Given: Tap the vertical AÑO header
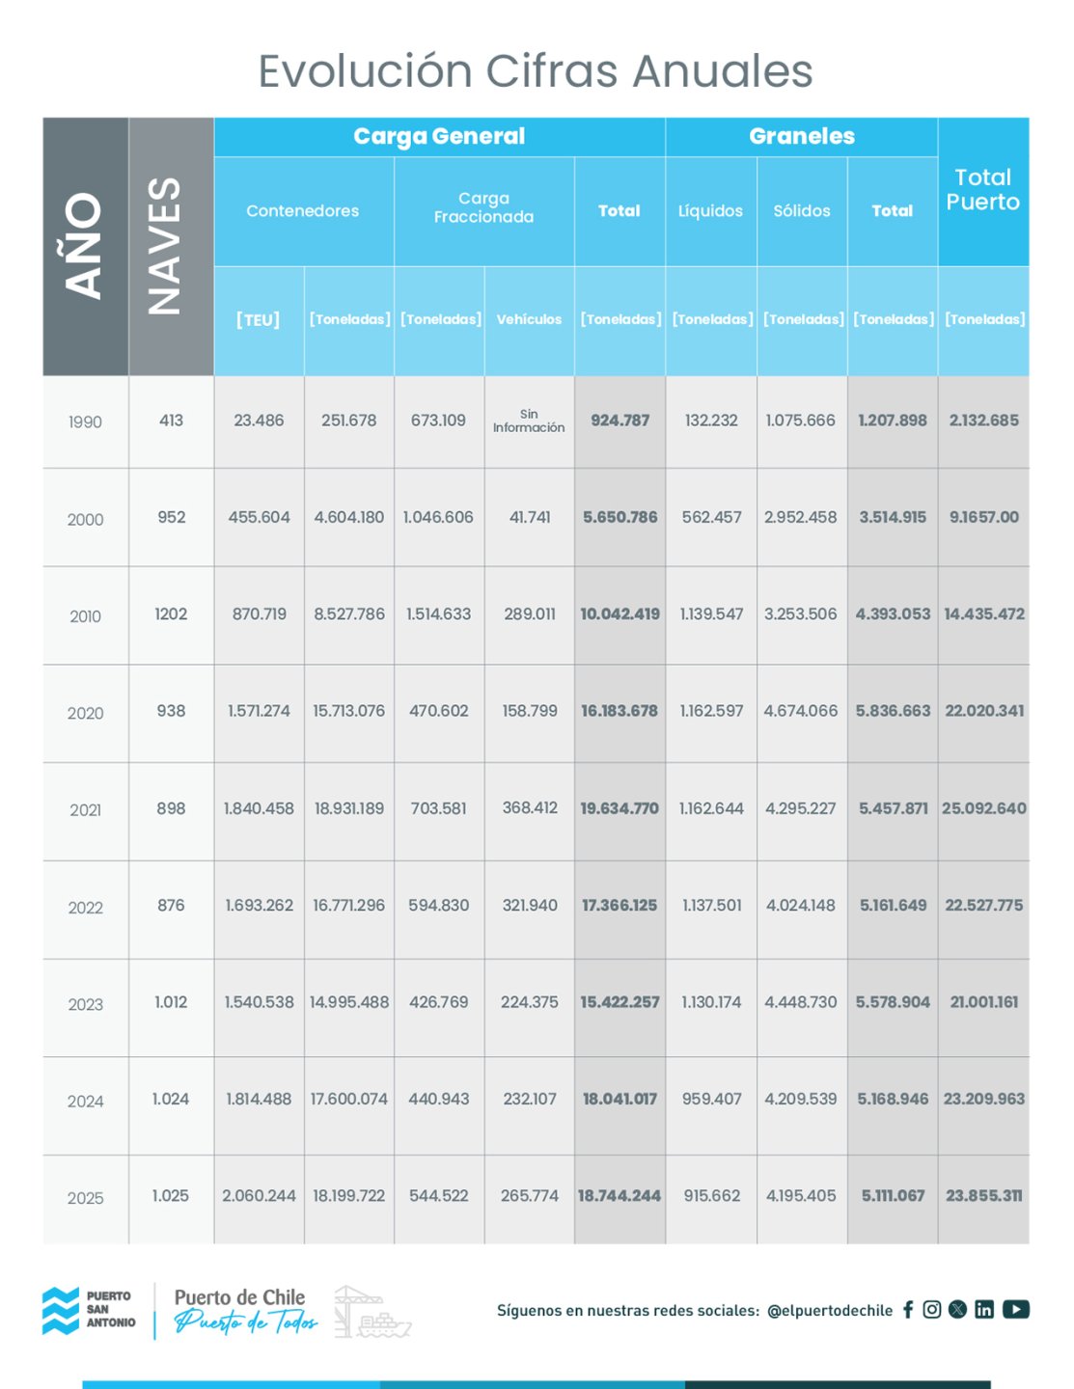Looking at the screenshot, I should click(x=85, y=246).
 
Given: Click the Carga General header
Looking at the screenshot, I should click(x=439, y=136).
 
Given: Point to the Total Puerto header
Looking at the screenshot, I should click(x=982, y=190).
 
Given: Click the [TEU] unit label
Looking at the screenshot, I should click(x=258, y=319).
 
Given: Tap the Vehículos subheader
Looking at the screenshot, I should click(x=529, y=319).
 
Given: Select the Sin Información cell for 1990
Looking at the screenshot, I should click(x=529, y=421).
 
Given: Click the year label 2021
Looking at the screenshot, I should click(x=85, y=810).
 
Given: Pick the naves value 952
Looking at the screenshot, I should click(x=171, y=517).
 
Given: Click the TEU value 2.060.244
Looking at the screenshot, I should click(x=259, y=1196).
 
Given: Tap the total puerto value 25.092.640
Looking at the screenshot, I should click(x=983, y=808).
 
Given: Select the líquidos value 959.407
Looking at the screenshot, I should click(x=711, y=1099).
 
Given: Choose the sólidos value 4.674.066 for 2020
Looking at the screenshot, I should click(x=800, y=711).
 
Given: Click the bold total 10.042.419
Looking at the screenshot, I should click(x=620, y=613).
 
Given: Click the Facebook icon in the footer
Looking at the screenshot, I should click(x=908, y=1309).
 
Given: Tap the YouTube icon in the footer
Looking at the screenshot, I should click(x=1015, y=1309).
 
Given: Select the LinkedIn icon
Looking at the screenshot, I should click(x=983, y=1309).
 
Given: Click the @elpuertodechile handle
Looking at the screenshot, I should click(x=830, y=1310).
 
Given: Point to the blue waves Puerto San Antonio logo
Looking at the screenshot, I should click(x=61, y=1311).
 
